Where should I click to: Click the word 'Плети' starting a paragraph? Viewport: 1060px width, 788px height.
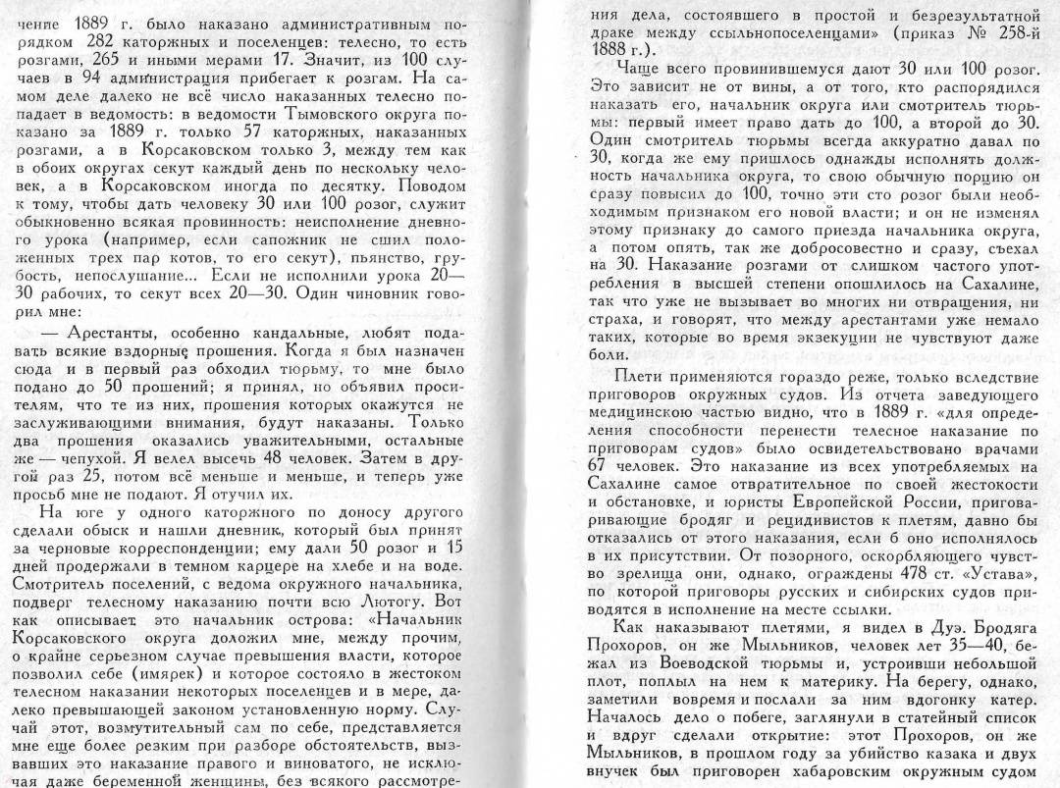click(639, 377)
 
